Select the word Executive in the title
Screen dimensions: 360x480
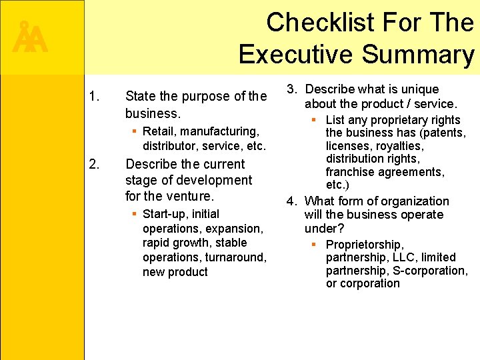(x=295, y=55)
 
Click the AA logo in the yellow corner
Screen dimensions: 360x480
(x=30, y=39)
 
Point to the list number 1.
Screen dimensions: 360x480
(x=94, y=97)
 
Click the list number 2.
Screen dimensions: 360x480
(x=94, y=165)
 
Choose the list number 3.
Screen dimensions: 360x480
(x=291, y=89)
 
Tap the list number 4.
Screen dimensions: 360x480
(x=291, y=201)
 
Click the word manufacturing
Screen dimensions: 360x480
(x=219, y=131)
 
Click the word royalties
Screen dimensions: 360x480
(x=398, y=146)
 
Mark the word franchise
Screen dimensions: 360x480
(x=351, y=172)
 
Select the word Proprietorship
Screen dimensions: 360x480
(x=365, y=245)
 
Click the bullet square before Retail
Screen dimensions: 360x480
(x=134, y=131)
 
